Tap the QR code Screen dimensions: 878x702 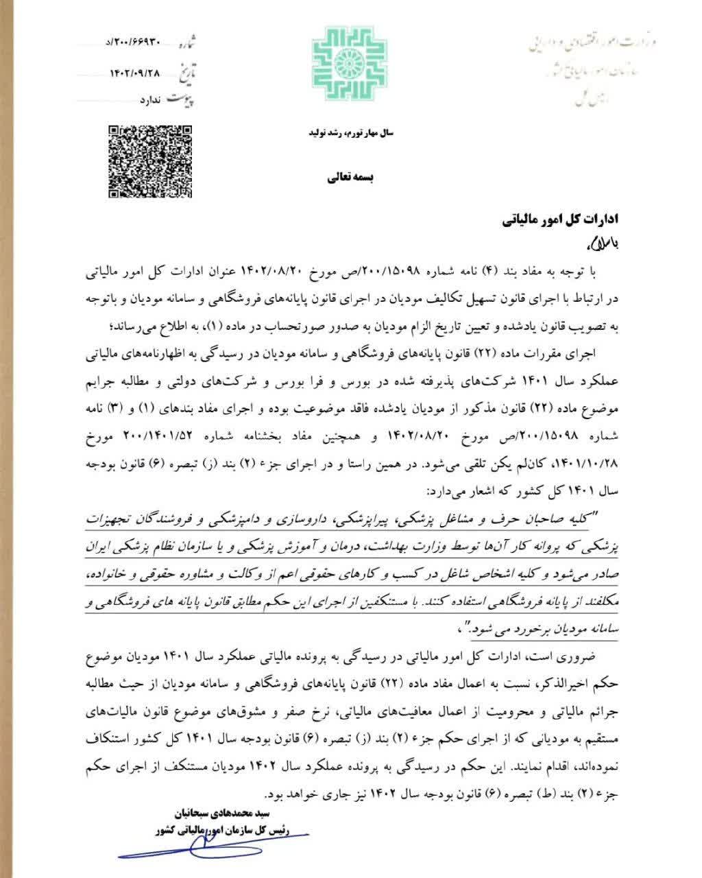point(149,161)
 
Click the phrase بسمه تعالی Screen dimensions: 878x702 point(348,178)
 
